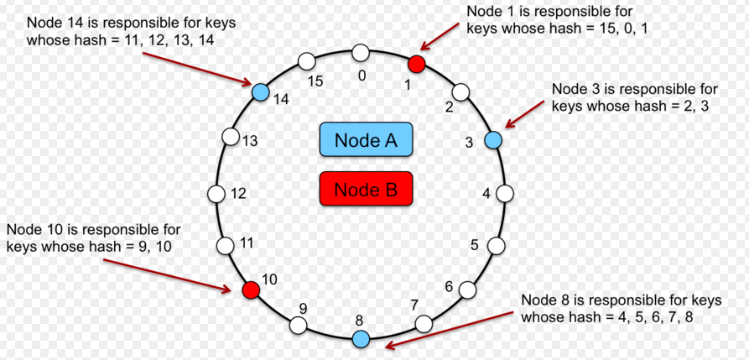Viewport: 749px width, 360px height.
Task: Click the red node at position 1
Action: (x=417, y=64)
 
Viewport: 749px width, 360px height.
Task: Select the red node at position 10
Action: (x=250, y=290)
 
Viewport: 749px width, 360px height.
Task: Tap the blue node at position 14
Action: (x=259, y=91)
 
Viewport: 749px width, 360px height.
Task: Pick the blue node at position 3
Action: (x=493, y=139)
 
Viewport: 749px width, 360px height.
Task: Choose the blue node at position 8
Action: (x=361, y=339)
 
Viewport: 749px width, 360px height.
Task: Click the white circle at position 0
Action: (x=361, y=54)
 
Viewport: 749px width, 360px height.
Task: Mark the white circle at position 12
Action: (x=216, y=193)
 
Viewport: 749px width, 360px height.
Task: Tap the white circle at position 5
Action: (x=497, y=245)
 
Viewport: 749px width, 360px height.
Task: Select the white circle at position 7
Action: (x=424, y=324)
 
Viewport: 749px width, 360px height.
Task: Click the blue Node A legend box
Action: (x=366, y=139)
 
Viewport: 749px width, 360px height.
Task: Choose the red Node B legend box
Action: (x=366, y=189)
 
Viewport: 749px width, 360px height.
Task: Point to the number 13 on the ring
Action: (x=249, y=141)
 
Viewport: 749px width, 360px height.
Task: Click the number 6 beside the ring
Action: (x=449, y=287)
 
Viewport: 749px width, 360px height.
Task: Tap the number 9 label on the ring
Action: (x=303, y=309)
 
